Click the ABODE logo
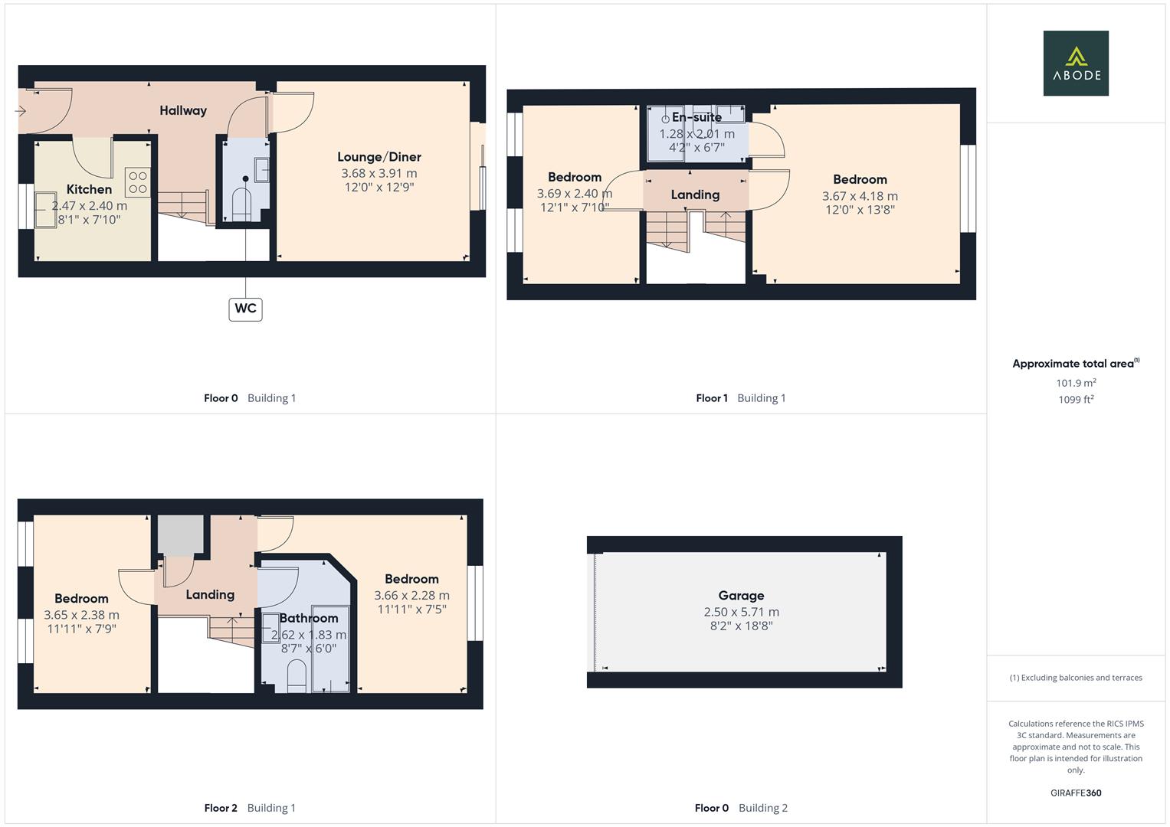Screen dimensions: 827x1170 1075,63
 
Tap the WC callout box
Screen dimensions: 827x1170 245,309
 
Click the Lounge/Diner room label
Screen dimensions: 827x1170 379,157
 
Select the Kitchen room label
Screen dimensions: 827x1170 89,189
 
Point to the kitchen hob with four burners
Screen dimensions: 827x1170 138,182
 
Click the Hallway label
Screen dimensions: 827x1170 183,110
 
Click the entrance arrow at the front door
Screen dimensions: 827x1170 21,111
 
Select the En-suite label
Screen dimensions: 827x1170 696,117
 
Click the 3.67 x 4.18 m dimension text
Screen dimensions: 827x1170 860,196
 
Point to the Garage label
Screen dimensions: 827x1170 741,595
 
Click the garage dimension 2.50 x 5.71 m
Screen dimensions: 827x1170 741,612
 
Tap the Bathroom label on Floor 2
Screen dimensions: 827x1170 309,618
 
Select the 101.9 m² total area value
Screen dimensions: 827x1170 1076,383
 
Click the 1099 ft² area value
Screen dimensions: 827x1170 1076,399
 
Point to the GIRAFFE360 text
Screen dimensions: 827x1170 1076,793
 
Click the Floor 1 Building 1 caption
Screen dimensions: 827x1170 740,398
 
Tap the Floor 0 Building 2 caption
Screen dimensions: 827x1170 740,808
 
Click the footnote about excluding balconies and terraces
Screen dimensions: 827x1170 1076,678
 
